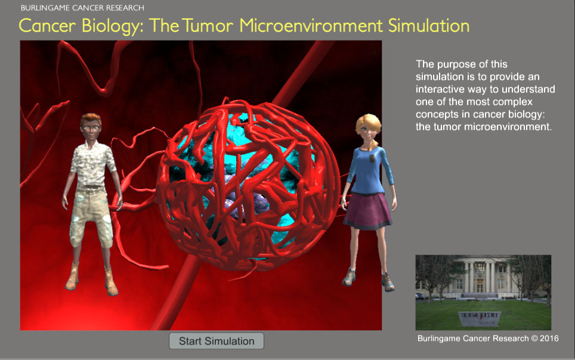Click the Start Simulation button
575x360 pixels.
click(217, 341)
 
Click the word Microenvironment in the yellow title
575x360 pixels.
click(311, 26)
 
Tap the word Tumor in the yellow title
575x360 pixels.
click(208, 26)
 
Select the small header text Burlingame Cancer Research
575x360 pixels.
click(82, 8)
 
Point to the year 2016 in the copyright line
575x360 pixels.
click(549, 339)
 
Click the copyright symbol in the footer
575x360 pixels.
click(534, 339)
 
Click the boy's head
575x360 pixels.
click(91, 126)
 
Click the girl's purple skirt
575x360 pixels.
click(367, 211)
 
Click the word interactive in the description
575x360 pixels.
click(438, 89)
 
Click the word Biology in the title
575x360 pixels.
click(112, 26)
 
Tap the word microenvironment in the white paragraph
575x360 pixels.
click(508, 127)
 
